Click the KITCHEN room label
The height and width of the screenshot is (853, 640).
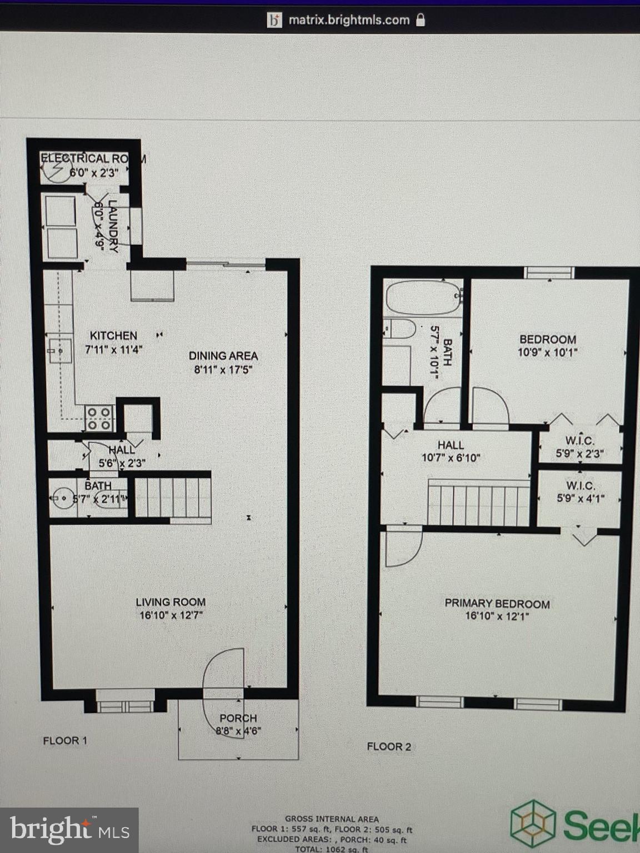[x=113, y=335]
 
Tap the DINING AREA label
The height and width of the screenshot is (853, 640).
[x=223, y=356]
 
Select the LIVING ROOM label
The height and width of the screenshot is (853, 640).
[x=171, y=602]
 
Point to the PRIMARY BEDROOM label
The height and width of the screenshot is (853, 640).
[x=497, y=604]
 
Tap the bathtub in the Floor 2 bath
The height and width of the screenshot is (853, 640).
[x=423, y=298]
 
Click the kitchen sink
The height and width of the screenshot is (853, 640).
[x=59, y=350]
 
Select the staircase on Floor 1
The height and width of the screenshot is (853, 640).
[x=173, y=497]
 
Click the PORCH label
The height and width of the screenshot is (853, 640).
[x=238, y=718]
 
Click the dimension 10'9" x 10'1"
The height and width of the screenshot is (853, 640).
[x=548, y=352]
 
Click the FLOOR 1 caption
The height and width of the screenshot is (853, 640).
[x=65, y=740]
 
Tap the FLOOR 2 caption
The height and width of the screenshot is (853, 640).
[x=389, y=746]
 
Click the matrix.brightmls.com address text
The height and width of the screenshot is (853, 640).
[x=349, y=21]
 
